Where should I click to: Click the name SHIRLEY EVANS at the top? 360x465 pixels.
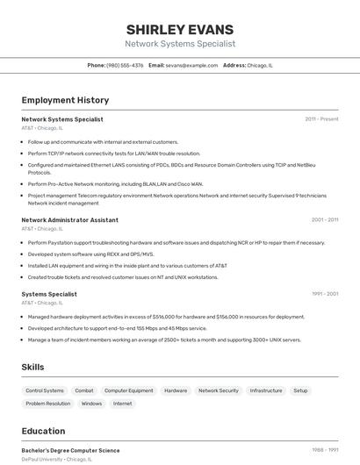tap(180, 29)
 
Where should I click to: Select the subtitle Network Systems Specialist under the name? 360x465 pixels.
tap(180, 44)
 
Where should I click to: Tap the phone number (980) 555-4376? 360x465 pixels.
tap(125, 65)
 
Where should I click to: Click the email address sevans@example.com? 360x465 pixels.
tap(191, 65)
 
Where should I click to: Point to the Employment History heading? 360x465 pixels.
tap(65, 100)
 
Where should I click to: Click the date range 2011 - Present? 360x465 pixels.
tap(321, 119)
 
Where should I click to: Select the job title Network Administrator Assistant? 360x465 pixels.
tap(69, 220)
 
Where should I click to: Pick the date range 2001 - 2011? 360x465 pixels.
tap(325, 220)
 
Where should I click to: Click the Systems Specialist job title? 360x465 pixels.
tap(49, 295)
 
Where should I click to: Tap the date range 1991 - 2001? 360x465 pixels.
tap(325, 295)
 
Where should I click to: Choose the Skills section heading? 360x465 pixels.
tap(33, 367)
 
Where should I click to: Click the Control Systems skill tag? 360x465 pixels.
tap(45, 390)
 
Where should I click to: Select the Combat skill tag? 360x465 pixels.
tap(84, 390)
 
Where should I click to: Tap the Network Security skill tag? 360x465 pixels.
tap(218, 390)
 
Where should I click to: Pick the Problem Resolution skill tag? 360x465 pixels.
tap(48, 404)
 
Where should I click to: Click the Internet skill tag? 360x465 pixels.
tap(123, 404)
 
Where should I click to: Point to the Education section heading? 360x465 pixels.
tap(43, 431)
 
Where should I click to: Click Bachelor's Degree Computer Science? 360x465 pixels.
tap(70, 450)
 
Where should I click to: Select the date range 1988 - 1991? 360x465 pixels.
tap(325, 450)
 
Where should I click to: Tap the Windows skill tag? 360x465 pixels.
tap(91, 404)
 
